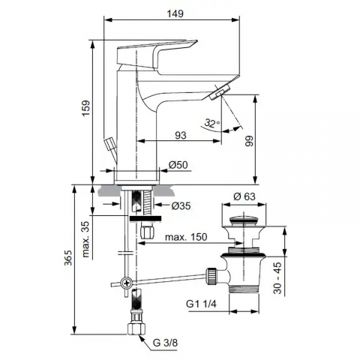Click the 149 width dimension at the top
click(x=175, y=13)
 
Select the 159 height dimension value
click(x=85, y=108)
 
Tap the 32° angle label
click(x=212, y=123)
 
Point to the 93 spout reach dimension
click(x=181, y=135)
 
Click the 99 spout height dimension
click(x=249, y=141)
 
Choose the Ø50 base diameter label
click(x=178, y=165)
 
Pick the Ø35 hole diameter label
click(x=181, y=205)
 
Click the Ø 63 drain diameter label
click(x=244, y=196)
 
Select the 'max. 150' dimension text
click(x=186, y=237)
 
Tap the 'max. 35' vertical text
click(x=85, y=239)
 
